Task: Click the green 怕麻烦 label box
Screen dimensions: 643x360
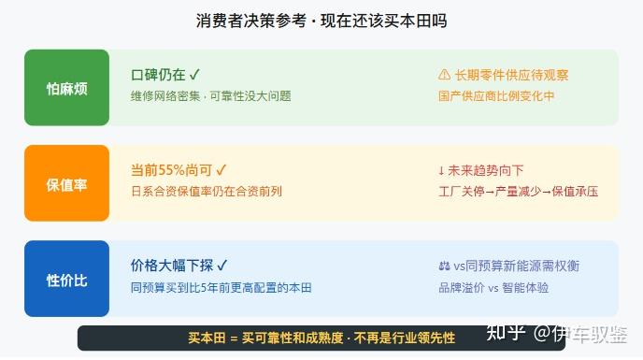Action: [x=67, y=88]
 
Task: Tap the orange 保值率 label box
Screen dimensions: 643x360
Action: [x=67, y=183]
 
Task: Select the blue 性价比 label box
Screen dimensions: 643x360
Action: [x=67, y=279]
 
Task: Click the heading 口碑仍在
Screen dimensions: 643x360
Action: [x=158, y=75]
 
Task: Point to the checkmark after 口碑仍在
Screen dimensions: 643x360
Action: [x=194, y=74]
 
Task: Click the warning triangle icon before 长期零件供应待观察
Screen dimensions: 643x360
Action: [x=444, y=75]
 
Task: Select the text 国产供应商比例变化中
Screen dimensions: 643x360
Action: [x=496, y=96]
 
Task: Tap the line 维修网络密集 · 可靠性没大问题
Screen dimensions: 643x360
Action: [x=211, y=96]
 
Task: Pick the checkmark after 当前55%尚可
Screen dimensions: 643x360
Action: [x=221, y=169]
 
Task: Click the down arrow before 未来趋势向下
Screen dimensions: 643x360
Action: [x=441, y=170]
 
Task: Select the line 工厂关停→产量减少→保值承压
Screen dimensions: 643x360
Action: [x=519, y=192]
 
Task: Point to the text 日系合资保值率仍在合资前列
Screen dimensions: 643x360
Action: [x=207, y=192]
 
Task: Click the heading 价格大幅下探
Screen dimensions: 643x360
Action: [x=172, y=266]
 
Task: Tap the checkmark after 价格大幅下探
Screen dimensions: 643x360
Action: [x=221, y=266]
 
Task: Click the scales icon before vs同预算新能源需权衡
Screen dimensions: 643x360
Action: [x=444, y=266]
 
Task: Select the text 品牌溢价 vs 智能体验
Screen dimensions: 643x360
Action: [x=493, y=287]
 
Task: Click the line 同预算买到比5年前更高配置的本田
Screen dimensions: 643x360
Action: [x=221, y=287]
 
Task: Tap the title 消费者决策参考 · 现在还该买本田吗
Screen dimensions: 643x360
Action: [x=321, y=21]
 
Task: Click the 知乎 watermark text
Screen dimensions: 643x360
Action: [x=506, y=333]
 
